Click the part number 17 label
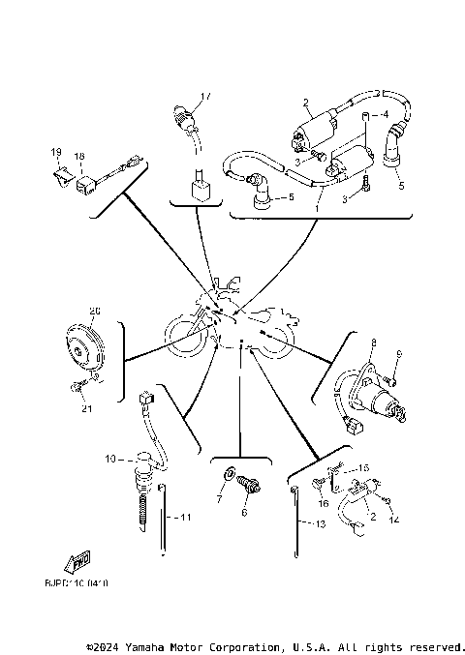pyautogui.click(x=204, y=96)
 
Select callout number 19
pyautogui.click(x=55, y=154)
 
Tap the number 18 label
pyautogui.click(x=79, y=155)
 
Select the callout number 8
pyautogui.click(x=372, y=342)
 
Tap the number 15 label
pyautogui.click(x=365, y=467)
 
